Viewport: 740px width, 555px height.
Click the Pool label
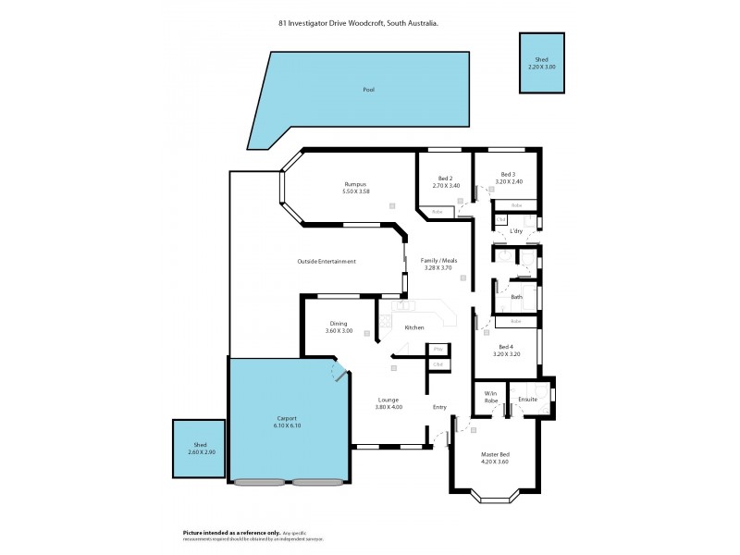click(369, 90)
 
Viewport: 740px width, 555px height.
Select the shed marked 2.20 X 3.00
click(542, 63)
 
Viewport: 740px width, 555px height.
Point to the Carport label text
click(286, 418)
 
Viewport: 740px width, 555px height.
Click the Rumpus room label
click(356, 184)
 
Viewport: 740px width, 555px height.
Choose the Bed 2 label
click(445, 179)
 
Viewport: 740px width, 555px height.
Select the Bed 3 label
click(508, 174)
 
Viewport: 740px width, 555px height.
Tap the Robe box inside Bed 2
click(437, 212)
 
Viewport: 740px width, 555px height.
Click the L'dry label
click(516, 230)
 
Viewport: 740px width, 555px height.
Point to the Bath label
click(516, 297)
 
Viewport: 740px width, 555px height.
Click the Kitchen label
click(414, 327)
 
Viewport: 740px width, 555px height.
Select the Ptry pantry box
click(438, 349)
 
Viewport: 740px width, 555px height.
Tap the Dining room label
click(339, 323)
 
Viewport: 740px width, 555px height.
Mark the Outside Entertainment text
click(327, 262)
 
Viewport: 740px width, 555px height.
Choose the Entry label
click(439, 407)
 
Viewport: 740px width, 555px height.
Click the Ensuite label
click(528, 400)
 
